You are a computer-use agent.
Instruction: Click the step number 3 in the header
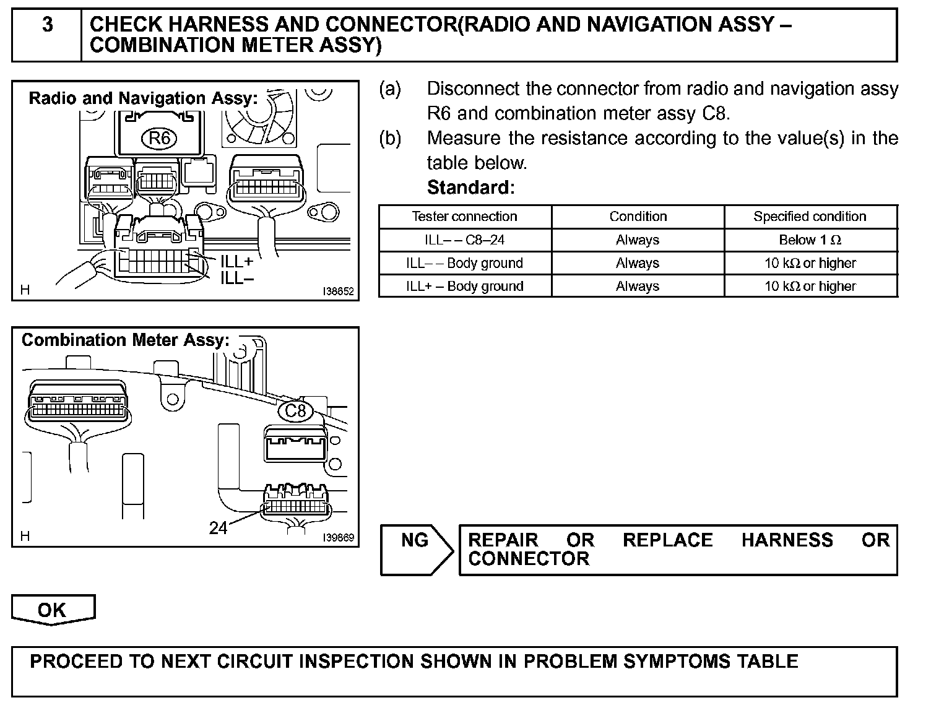point(47,25)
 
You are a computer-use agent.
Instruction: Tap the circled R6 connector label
point(159,137)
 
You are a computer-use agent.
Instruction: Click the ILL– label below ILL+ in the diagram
point(237,278)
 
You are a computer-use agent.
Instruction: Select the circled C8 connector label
point(295,411)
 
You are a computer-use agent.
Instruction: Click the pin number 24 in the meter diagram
point(218,528)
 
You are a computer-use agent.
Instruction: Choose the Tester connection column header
point(464,217)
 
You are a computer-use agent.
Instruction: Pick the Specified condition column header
point(810,217)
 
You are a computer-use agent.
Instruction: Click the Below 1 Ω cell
point(810,240)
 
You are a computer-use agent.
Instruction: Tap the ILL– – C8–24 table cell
point(464,240)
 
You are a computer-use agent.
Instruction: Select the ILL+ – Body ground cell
point(464,287)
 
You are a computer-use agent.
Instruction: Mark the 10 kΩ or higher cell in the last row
point(810,287)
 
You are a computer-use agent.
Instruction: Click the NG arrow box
point(417,550)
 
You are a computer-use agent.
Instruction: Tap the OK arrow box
point(53,610)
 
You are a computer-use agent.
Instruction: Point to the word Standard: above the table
point(470,187)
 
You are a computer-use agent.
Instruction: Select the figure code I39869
point(338,537)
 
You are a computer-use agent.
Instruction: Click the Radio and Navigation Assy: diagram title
point(143,98)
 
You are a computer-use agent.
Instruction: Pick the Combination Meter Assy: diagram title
point(125,340)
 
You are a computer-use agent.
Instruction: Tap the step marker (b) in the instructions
point(390,138)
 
